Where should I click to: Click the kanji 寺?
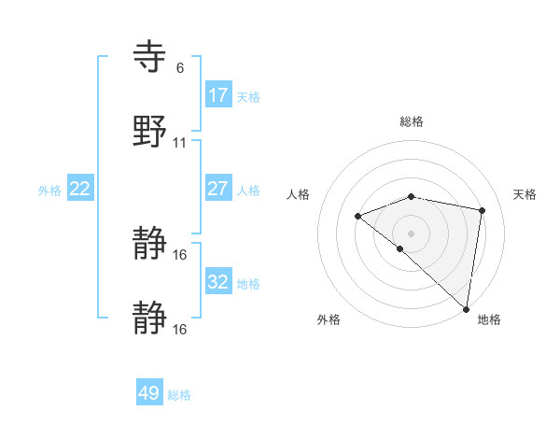pyautogui.click(x=150, y=57)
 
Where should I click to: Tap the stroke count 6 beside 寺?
pyautogui.click(x=180, y=68)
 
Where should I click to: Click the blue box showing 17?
pyautogui.click(x=218, y=95)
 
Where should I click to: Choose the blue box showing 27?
pyautogui.click(x=218, y=189)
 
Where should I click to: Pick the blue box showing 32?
pyautogui.click(x=218, y=282)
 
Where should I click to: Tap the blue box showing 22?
pyautogui.click(x=80, y=189)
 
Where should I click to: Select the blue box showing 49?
pyautogui.click(x=149, y=393)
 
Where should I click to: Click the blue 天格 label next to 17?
pyautogui.click(x=248, y=97)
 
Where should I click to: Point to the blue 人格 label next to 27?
pyautogui.click(x=248, y=191)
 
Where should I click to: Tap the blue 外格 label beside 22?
pyautogui.click(x=49, y=191)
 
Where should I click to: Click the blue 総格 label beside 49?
pyautogui.click(x=179, y=395)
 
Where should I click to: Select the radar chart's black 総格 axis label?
pyautogui.click(x=412, y=121)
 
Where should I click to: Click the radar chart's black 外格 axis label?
pyautogui.click(x=329, y=319)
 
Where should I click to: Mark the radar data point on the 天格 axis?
pyautogui.click(x=483, y=210)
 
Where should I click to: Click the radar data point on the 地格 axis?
pyautogui.click(x=466, y=308)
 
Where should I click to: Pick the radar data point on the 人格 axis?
pyautogui.click(x=357, y=216)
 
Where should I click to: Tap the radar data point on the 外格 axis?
pyautogui.click(x=399, y=248)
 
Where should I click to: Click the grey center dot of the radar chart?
pyautogui.click(x=412, y=233)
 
